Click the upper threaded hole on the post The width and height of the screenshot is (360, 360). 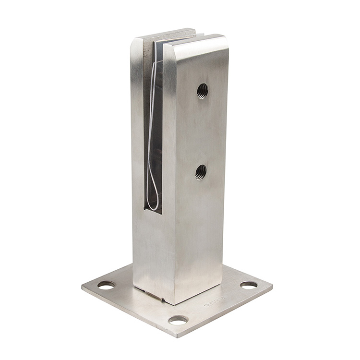coord(202,90)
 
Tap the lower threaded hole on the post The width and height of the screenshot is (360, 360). coord(201,171)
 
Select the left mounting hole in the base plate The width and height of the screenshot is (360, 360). coord(106,285)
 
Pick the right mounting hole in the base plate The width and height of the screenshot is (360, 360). coord(249,285)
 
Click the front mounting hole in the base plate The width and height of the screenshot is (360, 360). coord(178,319)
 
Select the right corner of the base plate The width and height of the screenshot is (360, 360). coord(272,287)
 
